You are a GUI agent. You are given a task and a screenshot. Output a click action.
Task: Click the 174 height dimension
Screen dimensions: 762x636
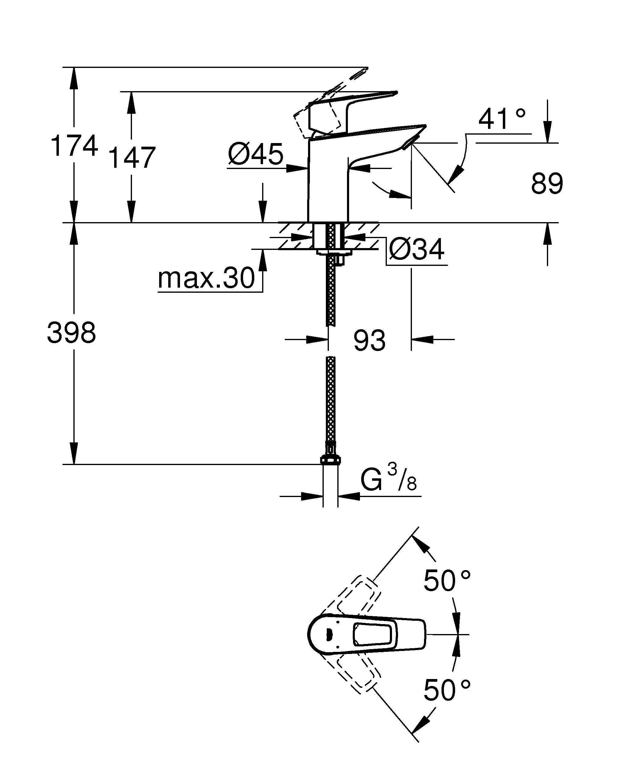(74, 145)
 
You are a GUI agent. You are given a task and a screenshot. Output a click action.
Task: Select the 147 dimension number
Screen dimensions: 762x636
(132, 158)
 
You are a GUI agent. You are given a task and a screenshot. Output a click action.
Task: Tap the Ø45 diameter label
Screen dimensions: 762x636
(255, 154)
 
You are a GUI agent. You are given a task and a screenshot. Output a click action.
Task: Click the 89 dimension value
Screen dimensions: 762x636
(547, 183)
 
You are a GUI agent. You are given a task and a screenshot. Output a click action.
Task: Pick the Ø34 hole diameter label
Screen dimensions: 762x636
(416, 250)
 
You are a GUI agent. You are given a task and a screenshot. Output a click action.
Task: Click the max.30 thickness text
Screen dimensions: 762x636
(206, 278)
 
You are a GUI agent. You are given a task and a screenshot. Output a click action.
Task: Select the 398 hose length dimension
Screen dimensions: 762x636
(72, 333)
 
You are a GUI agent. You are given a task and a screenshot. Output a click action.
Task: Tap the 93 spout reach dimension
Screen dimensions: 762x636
(369, 341)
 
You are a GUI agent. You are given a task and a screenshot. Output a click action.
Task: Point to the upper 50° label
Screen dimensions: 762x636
(447, 581)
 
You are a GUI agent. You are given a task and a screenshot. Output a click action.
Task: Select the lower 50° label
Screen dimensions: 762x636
(447, 690)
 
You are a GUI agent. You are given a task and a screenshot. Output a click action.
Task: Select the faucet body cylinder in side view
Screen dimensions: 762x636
(327, 181)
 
